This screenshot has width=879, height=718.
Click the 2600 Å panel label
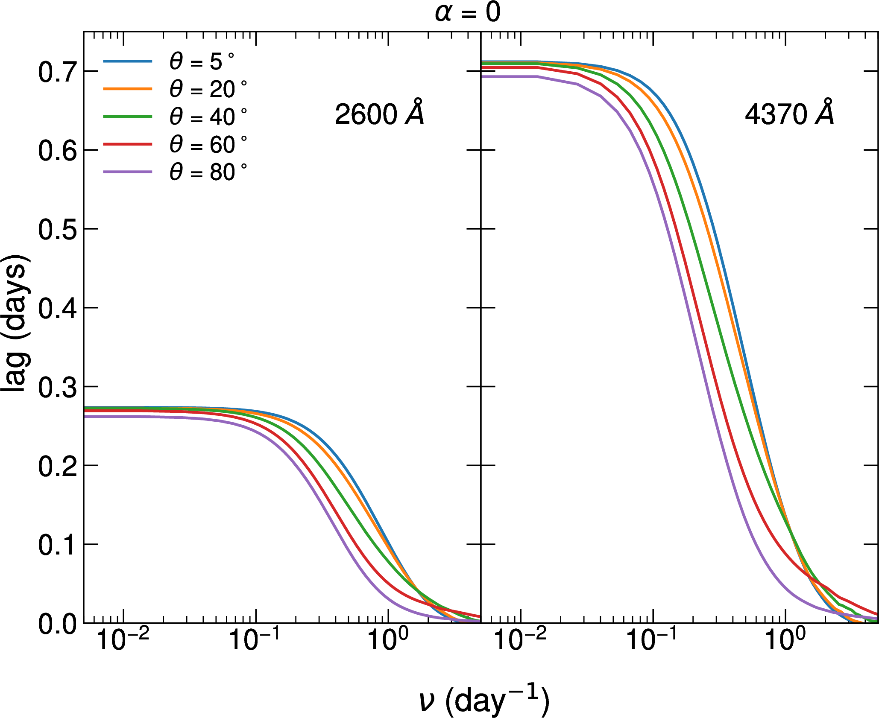[379, 114]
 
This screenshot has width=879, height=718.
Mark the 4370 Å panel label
[789, 114]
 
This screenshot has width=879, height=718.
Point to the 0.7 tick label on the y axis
[57, 72]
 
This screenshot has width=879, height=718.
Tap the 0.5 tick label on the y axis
[57, 230]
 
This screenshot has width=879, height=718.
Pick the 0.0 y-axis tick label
[57, 624]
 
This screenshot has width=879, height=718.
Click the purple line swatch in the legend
[128, 172]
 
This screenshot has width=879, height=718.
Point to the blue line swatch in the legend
[128, 61]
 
